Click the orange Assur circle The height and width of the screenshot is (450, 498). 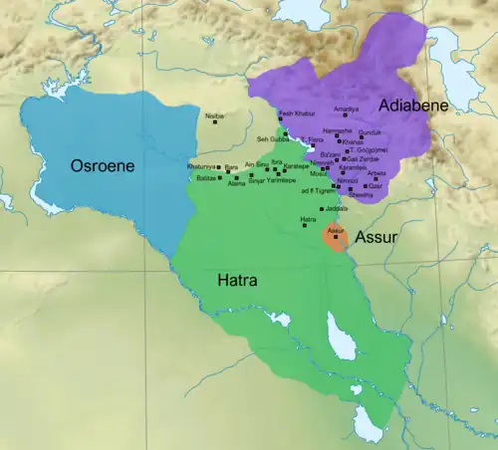[x=336, y=239]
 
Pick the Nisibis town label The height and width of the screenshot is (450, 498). [x=213, y=116]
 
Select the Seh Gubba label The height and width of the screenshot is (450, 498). [x=272, y=139]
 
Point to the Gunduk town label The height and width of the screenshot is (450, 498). [x=370, y=132]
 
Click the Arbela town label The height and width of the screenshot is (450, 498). [x=377, y=174]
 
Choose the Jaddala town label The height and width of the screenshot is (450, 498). [x=337, y=208]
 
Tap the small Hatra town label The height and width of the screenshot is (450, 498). [x=309, y=218]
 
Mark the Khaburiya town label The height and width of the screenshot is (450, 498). [x=201, y=166]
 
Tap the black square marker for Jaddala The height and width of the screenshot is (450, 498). [x=321, y=208]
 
